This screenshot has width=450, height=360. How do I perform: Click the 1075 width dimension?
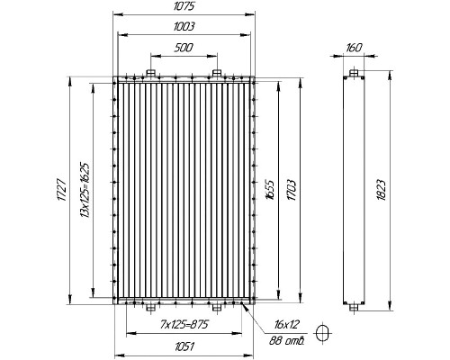coord(184,6)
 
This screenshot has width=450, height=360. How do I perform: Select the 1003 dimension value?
coord(184,27)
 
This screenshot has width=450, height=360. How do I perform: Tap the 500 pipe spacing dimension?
coord(184,48)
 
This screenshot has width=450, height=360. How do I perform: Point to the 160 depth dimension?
coord(354,48)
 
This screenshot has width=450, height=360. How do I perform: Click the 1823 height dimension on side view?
coord(382,190)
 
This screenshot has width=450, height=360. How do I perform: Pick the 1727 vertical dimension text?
coord(61,190)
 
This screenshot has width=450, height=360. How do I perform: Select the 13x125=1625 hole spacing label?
coord(85,190)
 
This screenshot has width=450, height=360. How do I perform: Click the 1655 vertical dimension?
coord(270,190)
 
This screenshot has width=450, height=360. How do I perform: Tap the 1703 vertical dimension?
coord(292,190)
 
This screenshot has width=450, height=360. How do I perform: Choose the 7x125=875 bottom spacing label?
coord(184,324)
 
